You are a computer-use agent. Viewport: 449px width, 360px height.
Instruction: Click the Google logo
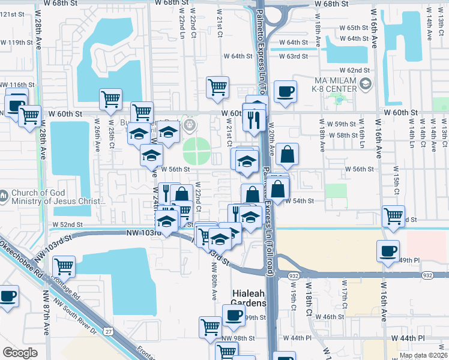pos(20,353)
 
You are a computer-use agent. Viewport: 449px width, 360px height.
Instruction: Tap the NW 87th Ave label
pos(46,312)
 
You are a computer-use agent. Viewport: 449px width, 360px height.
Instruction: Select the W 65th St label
pos(357,28)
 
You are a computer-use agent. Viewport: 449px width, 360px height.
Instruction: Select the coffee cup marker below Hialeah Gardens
pos(234,314)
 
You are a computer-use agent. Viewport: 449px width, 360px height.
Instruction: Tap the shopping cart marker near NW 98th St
pos(210,328)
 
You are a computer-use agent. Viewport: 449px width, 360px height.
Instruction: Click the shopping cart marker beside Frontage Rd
pos(63,266)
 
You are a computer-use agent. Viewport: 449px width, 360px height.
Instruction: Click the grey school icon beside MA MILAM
pos(364,86)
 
